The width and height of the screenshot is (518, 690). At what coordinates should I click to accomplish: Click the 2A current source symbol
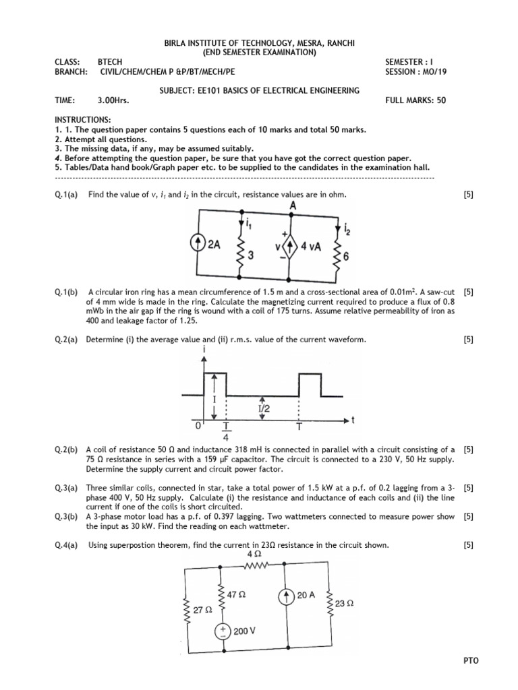(x=199, y=247)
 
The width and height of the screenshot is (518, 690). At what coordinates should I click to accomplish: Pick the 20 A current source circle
(x=286, y=595)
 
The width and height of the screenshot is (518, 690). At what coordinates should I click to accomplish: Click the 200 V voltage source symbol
(x=223, y=631)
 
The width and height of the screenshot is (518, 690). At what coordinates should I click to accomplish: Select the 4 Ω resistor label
(x=258, y=555)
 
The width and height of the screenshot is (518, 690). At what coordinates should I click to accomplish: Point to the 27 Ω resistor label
(x=203, y=609)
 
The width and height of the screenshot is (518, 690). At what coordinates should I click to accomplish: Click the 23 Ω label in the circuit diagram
(x=344, y=604)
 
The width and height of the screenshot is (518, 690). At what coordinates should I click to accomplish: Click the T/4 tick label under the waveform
(x=226, y=431)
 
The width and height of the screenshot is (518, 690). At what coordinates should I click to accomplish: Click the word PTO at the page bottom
(x=471, y=661)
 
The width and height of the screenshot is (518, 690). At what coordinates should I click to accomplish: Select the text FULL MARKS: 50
(x=415, y=100)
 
